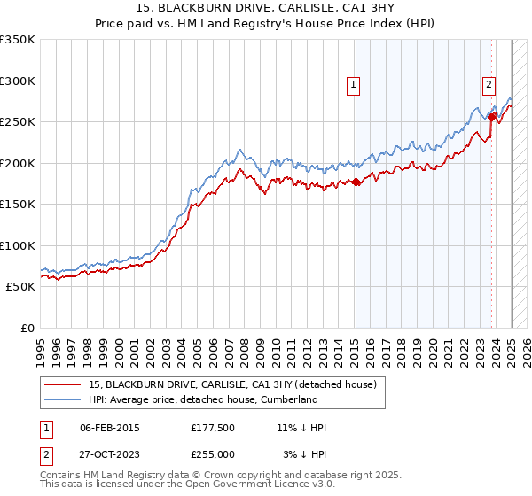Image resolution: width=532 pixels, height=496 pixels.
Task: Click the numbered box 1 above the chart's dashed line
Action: pyautogui.click(x=354, y=85)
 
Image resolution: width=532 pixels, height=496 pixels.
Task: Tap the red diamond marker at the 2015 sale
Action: pyautogui.click(x=356, y=182)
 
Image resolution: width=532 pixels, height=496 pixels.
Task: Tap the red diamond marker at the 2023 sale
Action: pyautogui.click(x=492, y=116)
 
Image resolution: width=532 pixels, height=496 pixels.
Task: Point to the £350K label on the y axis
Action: pyautogui.click(x=18, y=40)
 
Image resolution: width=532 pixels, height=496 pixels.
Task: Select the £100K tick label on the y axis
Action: pyautogui.click(x=18, y=245)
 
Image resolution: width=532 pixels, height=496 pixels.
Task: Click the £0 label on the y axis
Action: pyautogui.click(x=27, y=328)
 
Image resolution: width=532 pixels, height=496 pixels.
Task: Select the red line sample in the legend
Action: pyautogui.click(x=63, y=384)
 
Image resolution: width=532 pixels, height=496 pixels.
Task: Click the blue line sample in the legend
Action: pyautogui.click(x=63, y=399)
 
